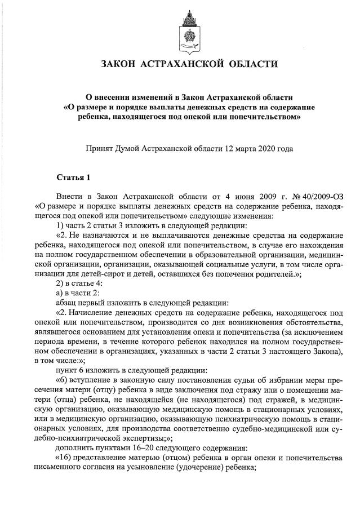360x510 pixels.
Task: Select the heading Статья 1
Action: [73, 178]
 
